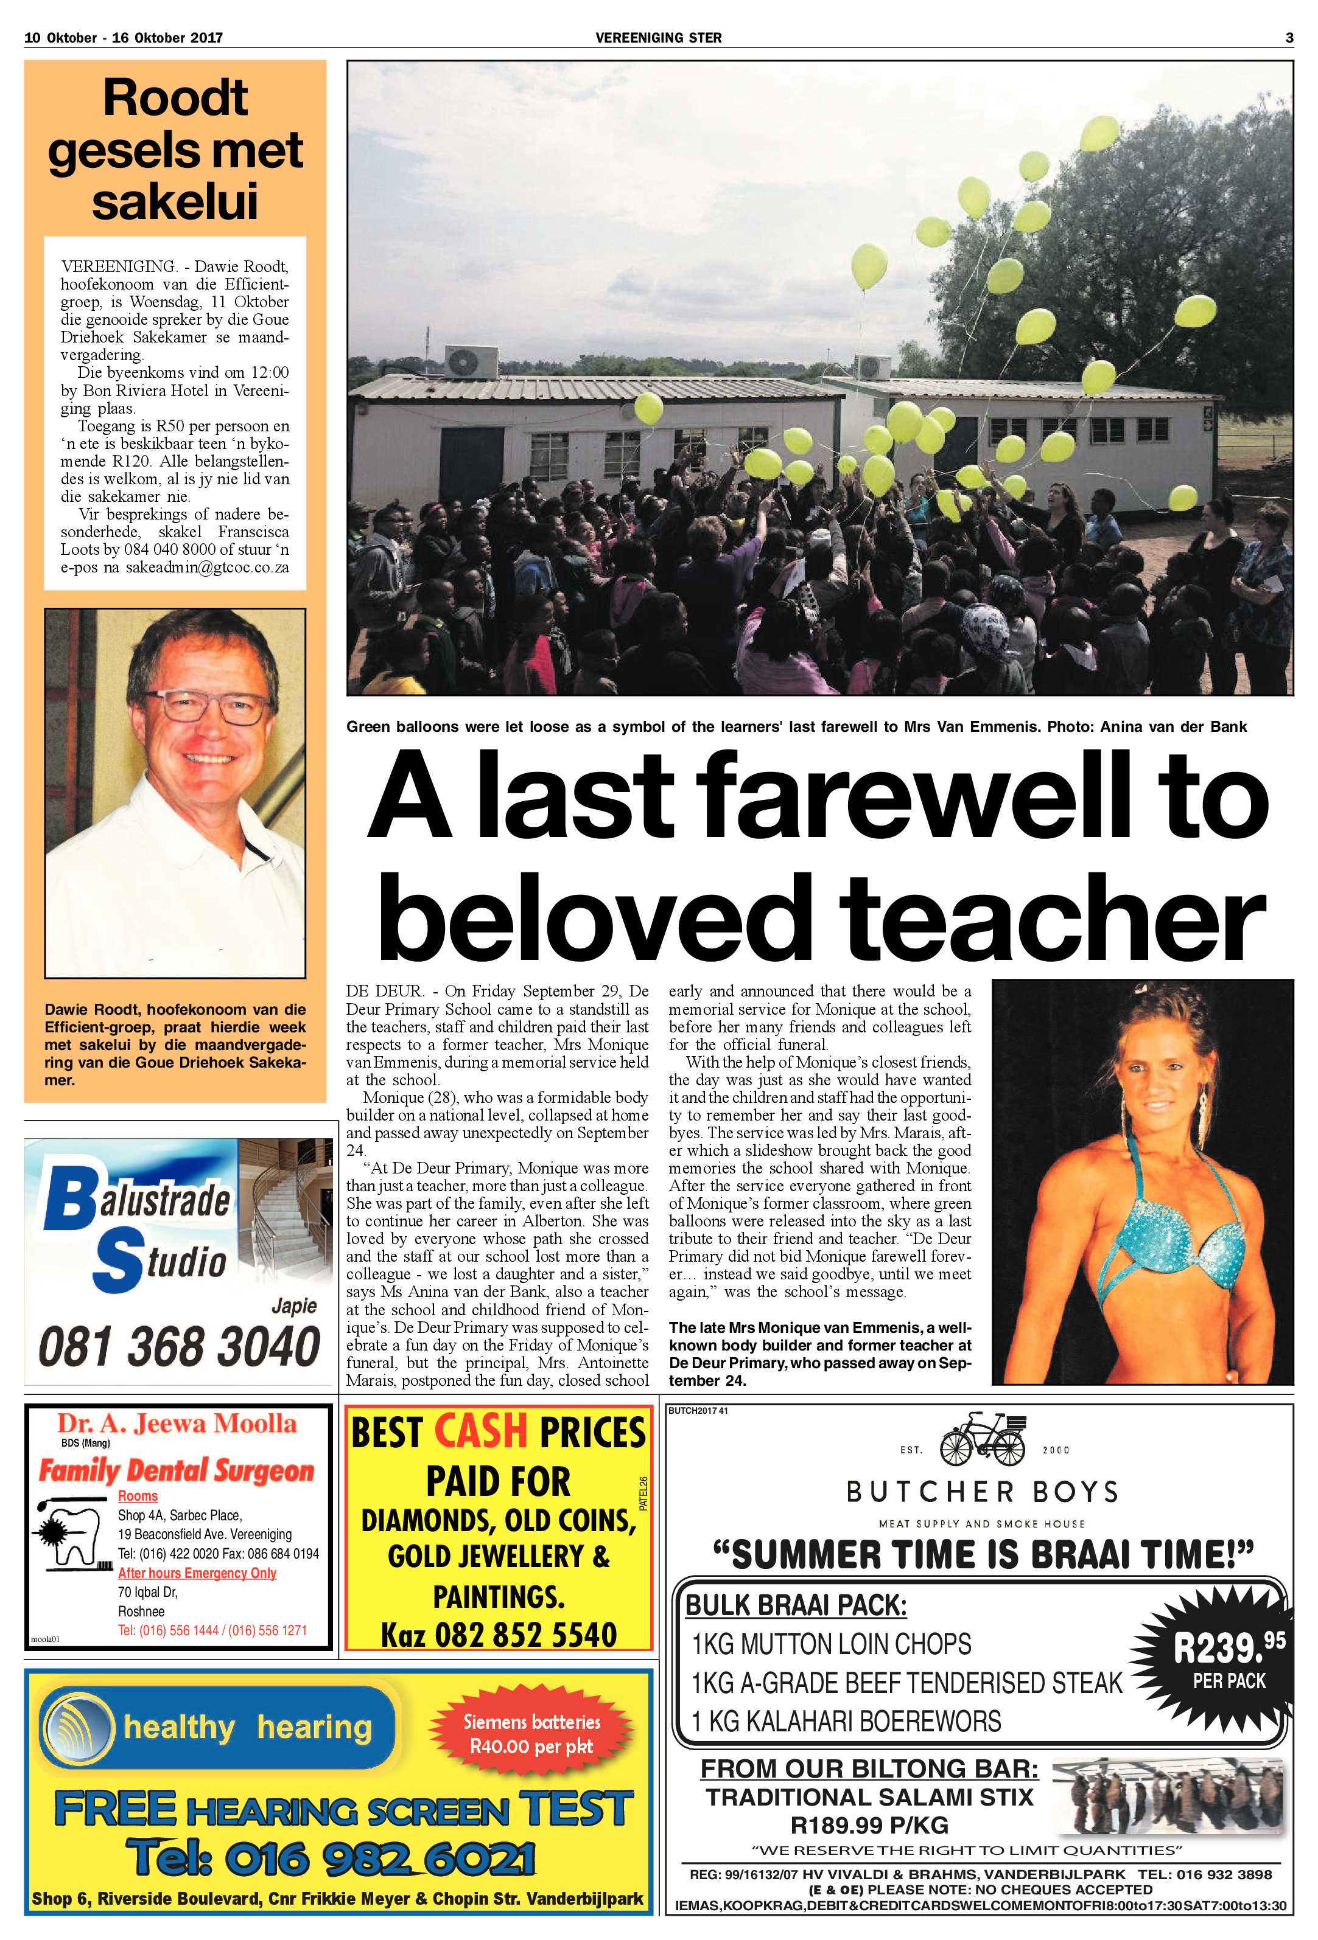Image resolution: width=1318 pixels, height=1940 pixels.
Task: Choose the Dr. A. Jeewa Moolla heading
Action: [177, 1424]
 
